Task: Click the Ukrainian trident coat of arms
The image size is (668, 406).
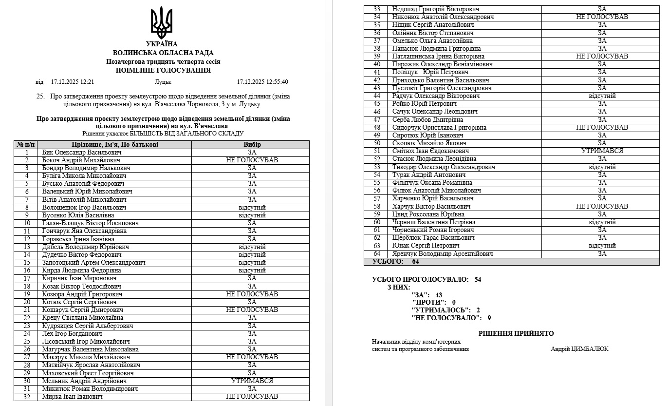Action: point(162,23)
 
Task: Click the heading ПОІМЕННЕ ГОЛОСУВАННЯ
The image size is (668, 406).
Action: point(163,70)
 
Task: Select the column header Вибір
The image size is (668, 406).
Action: point(252,145)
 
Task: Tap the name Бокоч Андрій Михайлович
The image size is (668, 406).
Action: point(81,160)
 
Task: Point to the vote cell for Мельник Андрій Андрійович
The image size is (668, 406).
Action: point(252,381)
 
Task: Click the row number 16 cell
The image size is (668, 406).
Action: point(27,271)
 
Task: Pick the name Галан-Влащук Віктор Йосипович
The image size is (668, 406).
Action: point(88,223)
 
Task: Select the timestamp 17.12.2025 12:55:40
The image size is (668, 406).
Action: point(262,82)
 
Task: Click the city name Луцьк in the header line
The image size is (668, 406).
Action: point(163,82)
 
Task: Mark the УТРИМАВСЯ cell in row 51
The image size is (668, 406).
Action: point(602,151)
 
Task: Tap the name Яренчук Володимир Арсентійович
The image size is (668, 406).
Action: point(443,254)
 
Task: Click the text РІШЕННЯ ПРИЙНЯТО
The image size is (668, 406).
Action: point(516,334)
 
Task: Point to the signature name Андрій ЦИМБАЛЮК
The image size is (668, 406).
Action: point(579,349)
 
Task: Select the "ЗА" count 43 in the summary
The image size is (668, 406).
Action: point(439,295)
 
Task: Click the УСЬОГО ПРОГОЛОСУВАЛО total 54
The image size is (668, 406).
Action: point(478,279)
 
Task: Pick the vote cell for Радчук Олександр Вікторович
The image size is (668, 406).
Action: point(602,96)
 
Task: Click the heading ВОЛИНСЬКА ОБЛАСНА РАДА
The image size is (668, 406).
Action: point(163,53)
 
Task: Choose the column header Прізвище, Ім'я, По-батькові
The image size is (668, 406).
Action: point(115,145)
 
